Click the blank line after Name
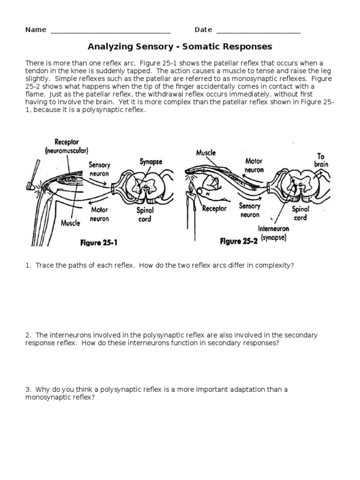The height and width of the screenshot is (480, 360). click(110, 31)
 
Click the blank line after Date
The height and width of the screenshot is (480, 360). click(258, 31)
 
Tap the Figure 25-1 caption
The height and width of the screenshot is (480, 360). click(100, 242)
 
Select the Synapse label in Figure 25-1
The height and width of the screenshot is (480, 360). click(151, 162)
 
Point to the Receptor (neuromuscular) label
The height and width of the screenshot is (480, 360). click(67, 147)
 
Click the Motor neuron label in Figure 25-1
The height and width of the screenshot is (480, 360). click(99, 215)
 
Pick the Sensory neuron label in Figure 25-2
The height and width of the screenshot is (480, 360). click(250, 210)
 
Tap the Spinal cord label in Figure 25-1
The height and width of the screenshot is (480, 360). click(145, 215)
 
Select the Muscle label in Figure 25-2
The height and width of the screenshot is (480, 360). click(206, 153)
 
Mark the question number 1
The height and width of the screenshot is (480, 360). click(28, 265)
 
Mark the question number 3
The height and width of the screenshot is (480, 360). click(28, 389)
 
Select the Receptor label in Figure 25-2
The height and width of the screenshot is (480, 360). click(215, 208)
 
